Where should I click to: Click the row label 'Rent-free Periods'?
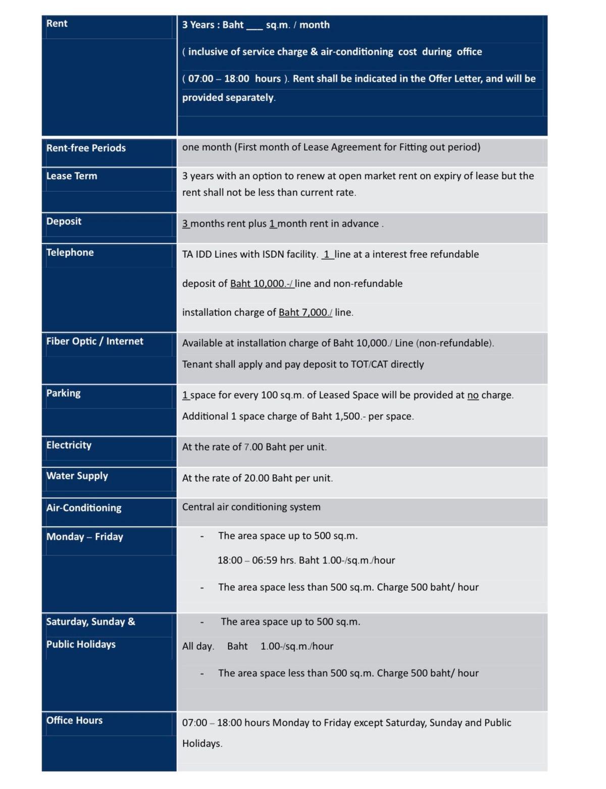click(x=86, y=148)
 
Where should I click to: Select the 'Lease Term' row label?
click(x=72, y=176)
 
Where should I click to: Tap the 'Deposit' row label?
click(x=64, y=221)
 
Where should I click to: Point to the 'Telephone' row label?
click(x=70, y=253)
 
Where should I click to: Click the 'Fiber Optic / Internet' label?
click(x=94, y=342)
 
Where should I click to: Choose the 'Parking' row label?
click(x=63, y=393)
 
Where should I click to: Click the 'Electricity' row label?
click(x=69, y=445)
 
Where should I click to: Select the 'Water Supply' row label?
click(x=77, y=476)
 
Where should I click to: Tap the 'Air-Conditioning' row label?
click(x=84, y=508)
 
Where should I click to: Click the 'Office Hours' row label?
click(x=74, y=720)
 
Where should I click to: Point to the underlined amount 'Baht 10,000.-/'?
click(x=262, y=284)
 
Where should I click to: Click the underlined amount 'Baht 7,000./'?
click(x=305, y=312)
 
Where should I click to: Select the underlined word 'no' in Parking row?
click(x=473, y=395)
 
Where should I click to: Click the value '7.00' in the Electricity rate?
click(x=254, y=447)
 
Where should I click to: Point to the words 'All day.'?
click(x=198, y=646)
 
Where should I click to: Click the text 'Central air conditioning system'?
click(x=251, y=507)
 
